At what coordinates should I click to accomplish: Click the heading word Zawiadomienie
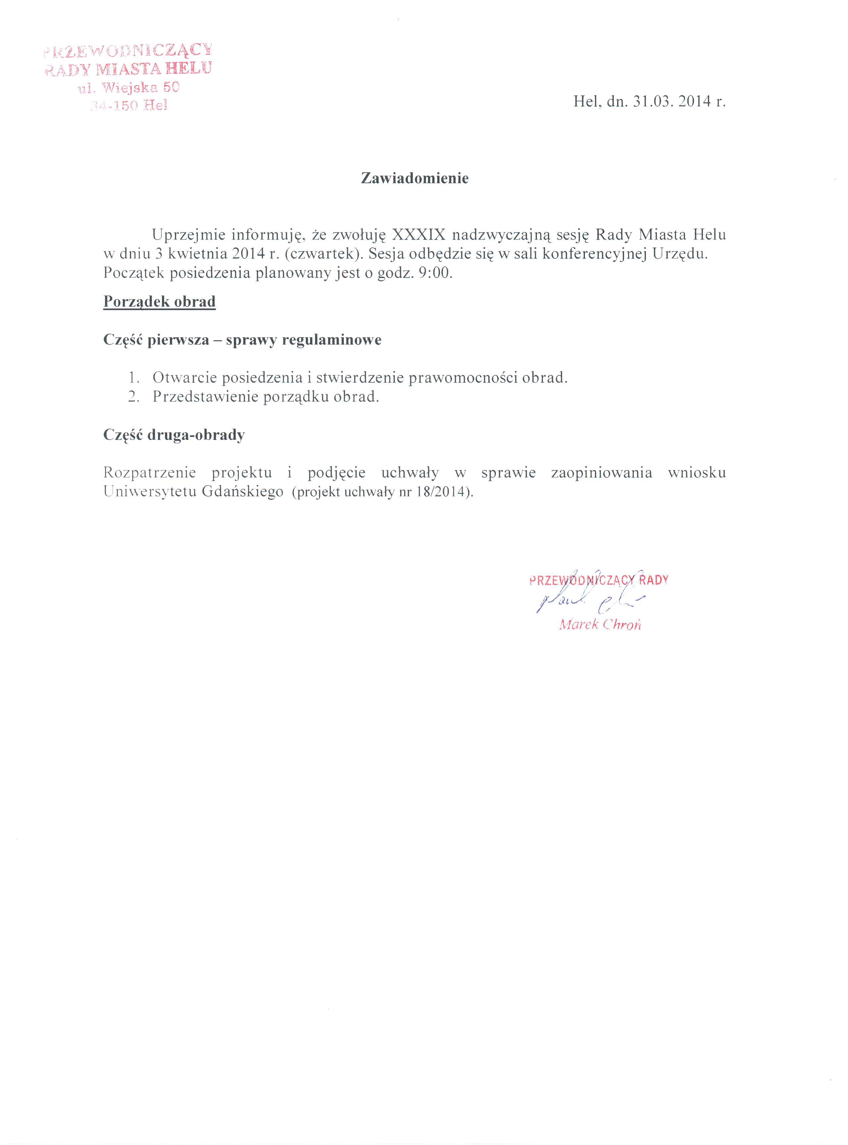pos(415,178)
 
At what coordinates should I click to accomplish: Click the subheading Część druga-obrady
pos(174,435)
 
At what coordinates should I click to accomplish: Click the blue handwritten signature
pos(590,600)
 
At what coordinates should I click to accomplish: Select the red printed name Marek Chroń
pos(600,625)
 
